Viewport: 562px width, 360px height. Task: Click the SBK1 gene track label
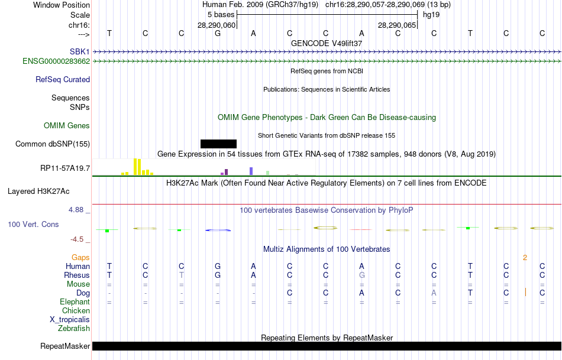(79, 52)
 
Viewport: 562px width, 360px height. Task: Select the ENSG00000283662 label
(56, 61)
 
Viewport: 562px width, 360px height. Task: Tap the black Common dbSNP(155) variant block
(218, 144)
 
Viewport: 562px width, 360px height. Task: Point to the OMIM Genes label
(67, 125)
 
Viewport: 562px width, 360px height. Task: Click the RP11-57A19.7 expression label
(65, 168)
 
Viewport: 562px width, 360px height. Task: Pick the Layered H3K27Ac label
(38, 191)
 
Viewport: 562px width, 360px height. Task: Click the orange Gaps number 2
(525, 257)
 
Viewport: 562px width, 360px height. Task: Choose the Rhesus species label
(77, 275)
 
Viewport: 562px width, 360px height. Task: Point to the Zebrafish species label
(74, 328)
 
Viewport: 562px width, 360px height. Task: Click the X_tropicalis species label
(70, 319)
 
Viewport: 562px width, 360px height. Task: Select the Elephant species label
(75, 301)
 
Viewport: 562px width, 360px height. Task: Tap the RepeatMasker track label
(65, 346)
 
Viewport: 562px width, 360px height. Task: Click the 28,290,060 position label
(217, 25)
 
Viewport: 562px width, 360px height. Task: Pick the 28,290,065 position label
(397, 25)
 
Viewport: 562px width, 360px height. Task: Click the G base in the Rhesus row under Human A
(362, 275)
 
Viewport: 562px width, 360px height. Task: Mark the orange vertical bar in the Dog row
(525, 292)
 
